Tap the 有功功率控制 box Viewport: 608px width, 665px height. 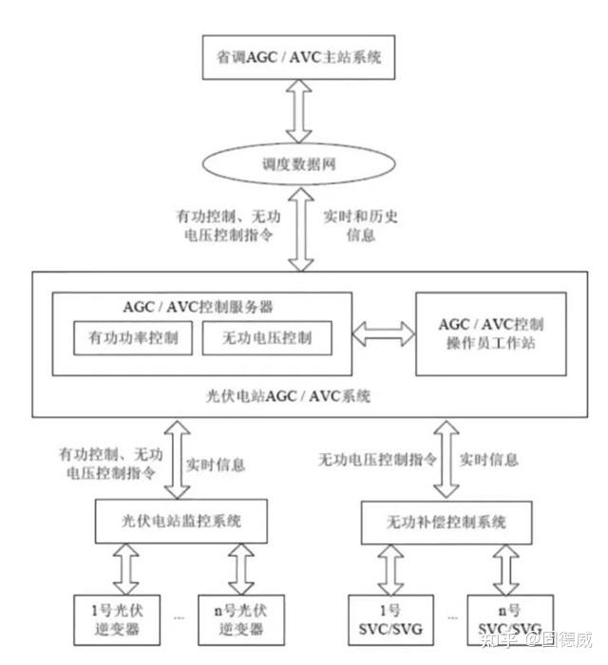pyautogui.click(x=133, y=337)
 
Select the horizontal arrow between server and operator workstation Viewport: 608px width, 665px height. pyautogui.click(x=383, y=332)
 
